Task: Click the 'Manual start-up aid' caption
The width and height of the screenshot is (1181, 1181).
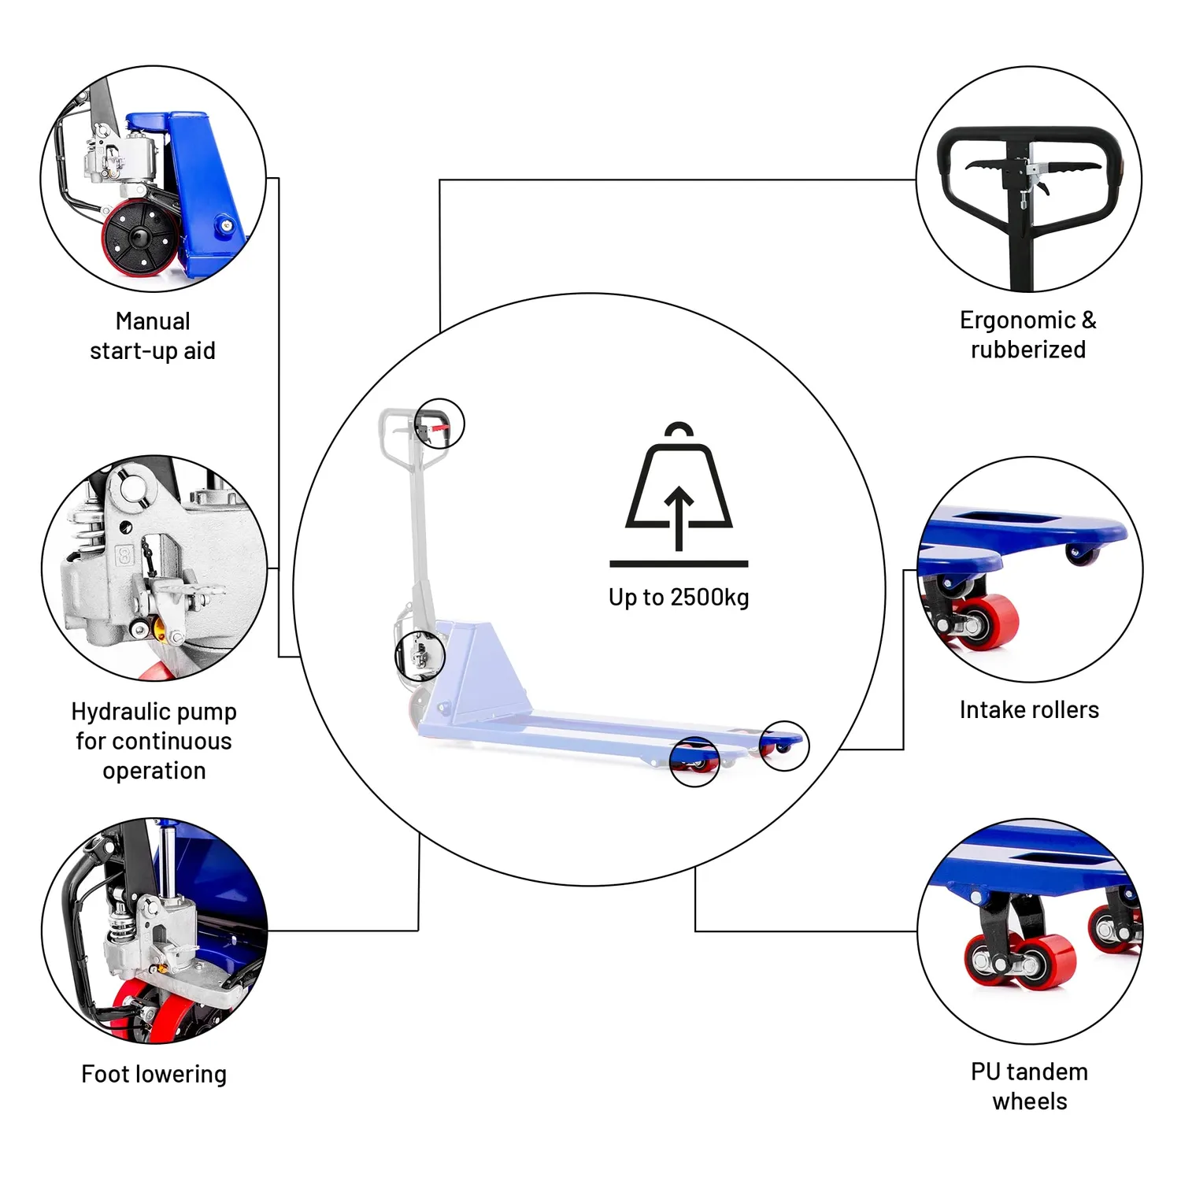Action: point(153,335)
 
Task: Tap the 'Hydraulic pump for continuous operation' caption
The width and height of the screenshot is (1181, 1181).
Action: point(154,741)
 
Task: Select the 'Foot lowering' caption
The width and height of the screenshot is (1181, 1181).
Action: point(154,1074)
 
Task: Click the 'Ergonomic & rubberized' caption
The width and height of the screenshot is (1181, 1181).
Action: point(1028,335)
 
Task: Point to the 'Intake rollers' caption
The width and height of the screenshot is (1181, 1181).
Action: point(1029,709)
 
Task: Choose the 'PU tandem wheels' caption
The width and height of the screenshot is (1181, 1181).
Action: point(1030,1087)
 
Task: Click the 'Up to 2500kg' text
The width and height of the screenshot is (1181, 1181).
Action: point(679,598)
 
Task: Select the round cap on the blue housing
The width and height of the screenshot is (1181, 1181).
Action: point(227,226)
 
